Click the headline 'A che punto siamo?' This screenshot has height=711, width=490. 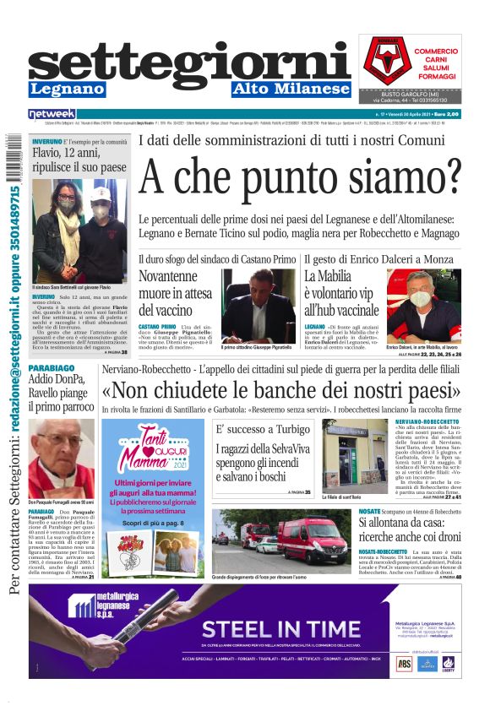tap(301, 176)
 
